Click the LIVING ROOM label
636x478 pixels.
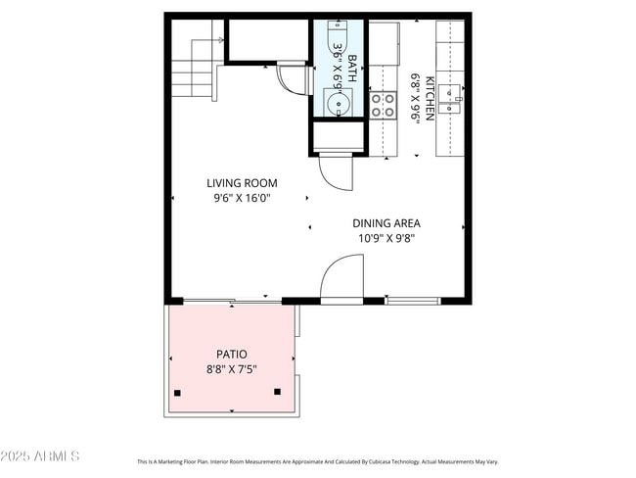[242, 183]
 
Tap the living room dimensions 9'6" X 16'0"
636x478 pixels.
[242, 198]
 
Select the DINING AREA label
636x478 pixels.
[386, 223]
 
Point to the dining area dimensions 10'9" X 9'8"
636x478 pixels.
[386, 238]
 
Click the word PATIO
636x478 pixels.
[231, 355]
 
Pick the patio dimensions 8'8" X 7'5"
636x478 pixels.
[231, 369]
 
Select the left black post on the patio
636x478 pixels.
[177, 393]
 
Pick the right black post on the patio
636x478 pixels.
[278, 392]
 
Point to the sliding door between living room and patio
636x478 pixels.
[225, 300]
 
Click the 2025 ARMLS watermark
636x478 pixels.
[41, 457]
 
